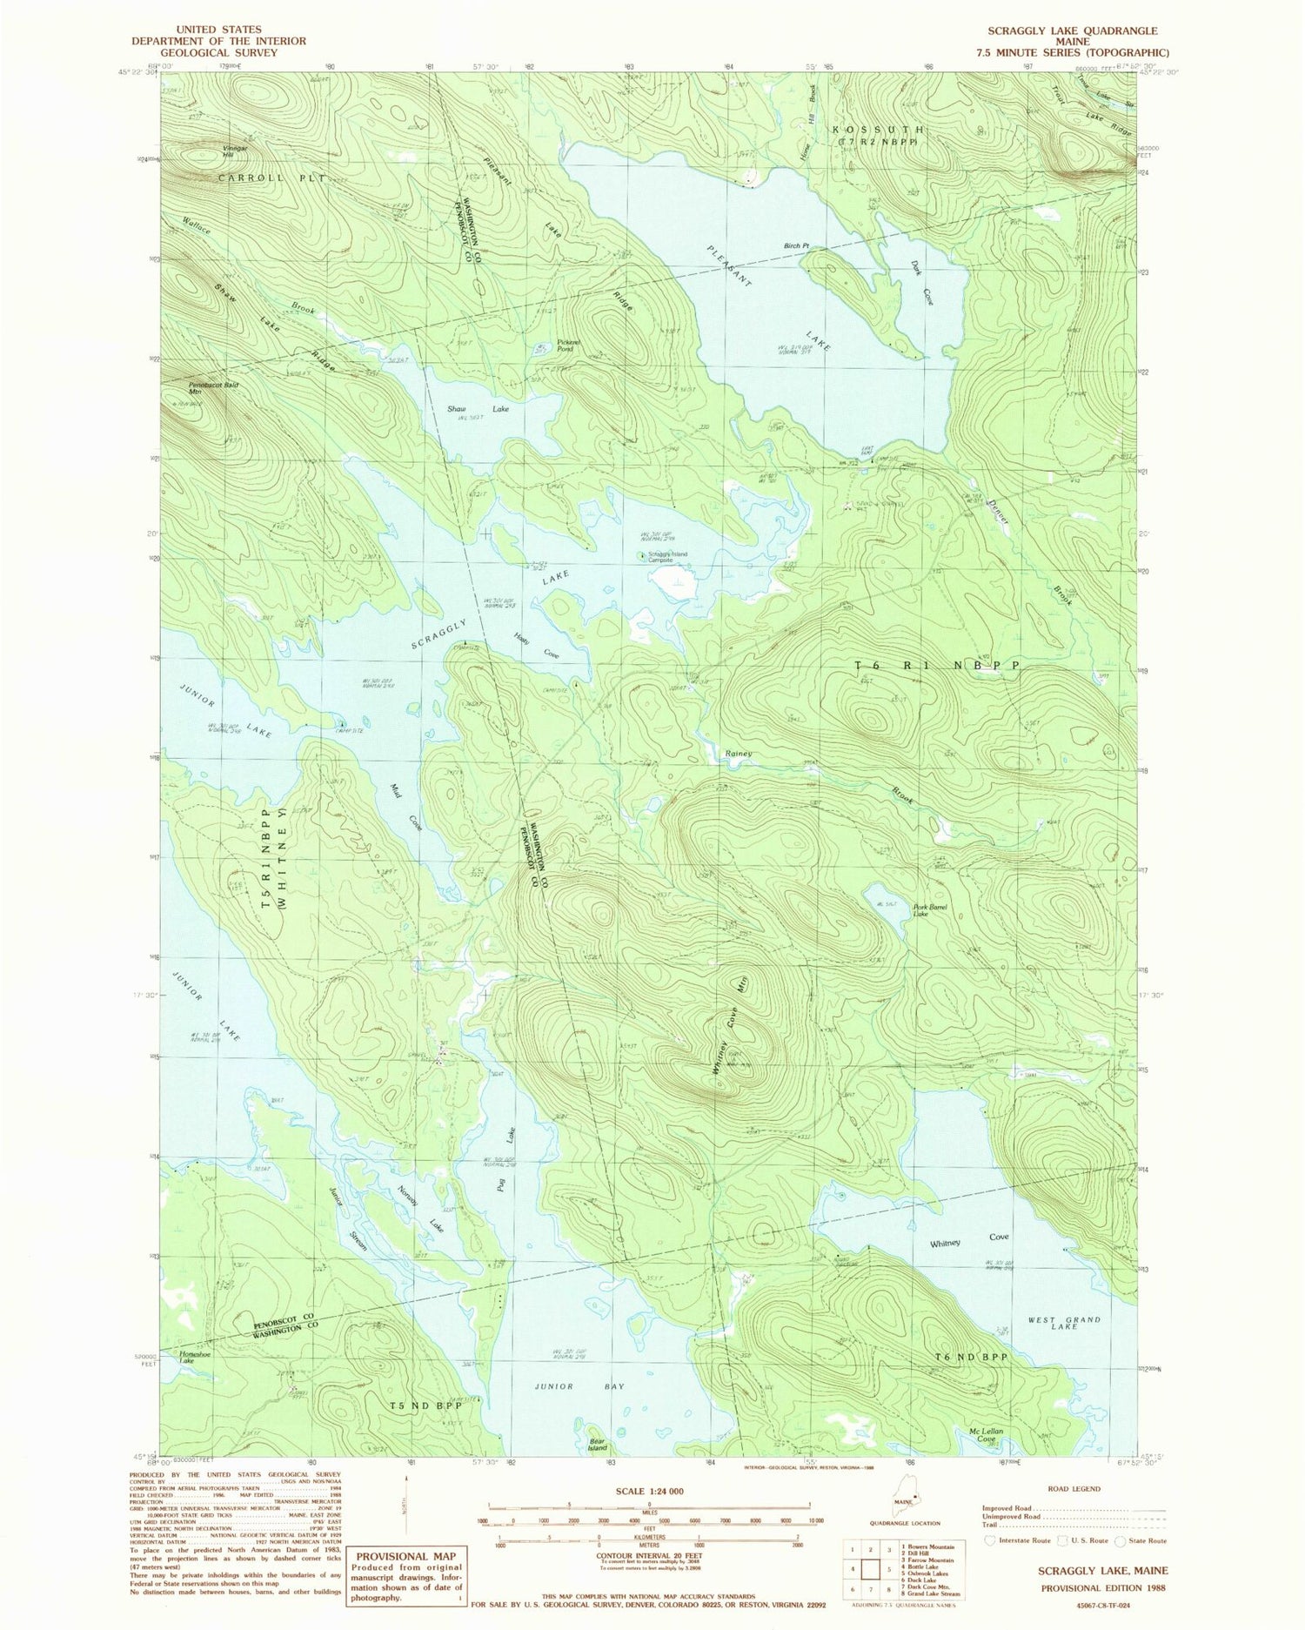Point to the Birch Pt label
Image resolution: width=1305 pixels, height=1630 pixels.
[796, 246]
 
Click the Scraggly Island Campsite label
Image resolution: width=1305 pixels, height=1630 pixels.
[672, 557]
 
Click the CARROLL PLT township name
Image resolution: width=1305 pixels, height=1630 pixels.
[260, 178]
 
